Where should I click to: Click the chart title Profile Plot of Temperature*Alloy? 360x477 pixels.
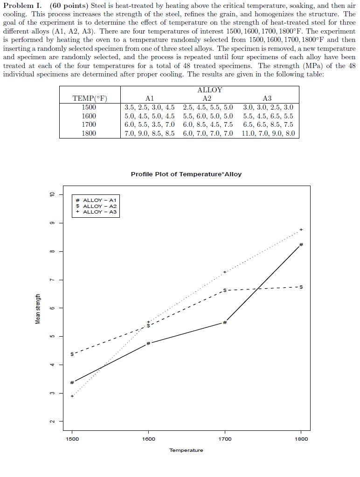coord(186,174)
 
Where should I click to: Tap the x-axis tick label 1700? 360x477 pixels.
coord(225,439)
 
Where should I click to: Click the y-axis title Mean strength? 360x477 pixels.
coord(38,309)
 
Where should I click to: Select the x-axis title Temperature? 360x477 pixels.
coord(186,450)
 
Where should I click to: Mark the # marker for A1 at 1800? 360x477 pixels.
coord(301,244)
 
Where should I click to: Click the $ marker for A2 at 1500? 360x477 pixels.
coord(72,354)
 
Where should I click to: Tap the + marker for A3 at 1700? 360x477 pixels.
coord(225,272)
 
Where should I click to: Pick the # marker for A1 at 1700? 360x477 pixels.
coord(225,323)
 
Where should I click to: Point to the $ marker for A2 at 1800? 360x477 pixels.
coord(301,287)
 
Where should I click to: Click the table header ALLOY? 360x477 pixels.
coord(210,90)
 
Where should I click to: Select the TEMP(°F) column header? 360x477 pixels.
coord(90,98)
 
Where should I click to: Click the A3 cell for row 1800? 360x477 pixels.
coord(268,133)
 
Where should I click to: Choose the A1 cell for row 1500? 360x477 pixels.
coord(150,107)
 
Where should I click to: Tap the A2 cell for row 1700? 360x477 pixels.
coord(208,124)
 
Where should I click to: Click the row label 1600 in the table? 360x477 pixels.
coord(89,116)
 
